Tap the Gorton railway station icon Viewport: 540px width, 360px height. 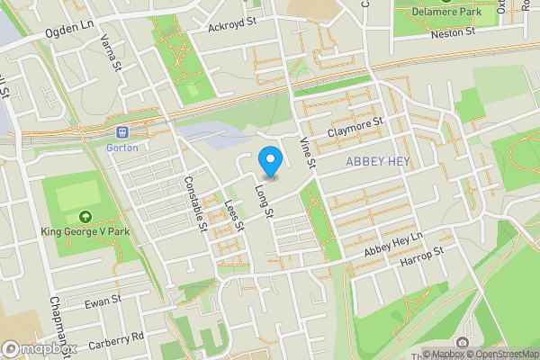click(x=121, y=131)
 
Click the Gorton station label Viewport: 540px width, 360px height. click(x=121, y=147)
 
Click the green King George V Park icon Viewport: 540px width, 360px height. click(x=85, y=216)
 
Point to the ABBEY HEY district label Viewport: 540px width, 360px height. click(x=377, y=161)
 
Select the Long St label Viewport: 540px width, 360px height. click(x=263, y=201)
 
